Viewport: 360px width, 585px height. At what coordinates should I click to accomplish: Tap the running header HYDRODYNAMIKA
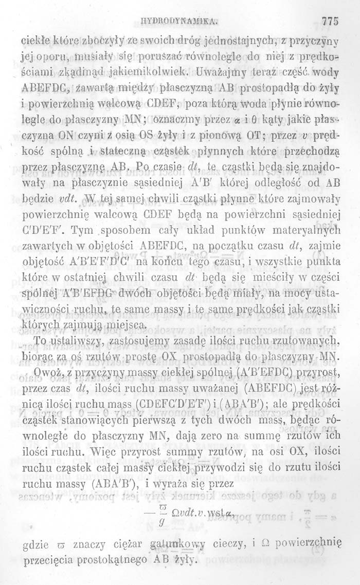184,22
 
